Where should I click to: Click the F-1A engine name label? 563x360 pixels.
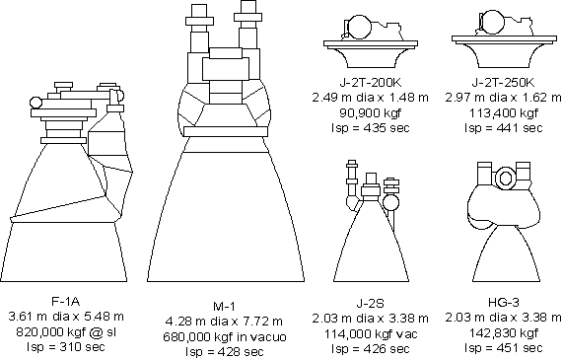click(65, 301)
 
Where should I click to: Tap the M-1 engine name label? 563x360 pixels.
click(225, 307)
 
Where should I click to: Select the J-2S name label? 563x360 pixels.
click(370, 304)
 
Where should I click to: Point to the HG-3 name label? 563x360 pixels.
click(504, 303)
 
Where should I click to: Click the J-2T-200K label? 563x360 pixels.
click(370, 82)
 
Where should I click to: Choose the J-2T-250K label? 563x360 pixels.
click(503, 82)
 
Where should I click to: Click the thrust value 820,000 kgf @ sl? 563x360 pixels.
click(66, 332)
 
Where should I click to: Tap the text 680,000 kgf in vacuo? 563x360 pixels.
click(225, 336)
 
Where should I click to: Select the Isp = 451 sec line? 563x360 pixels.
click(504, 348)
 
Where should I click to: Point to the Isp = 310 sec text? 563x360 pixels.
click(66, 347)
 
